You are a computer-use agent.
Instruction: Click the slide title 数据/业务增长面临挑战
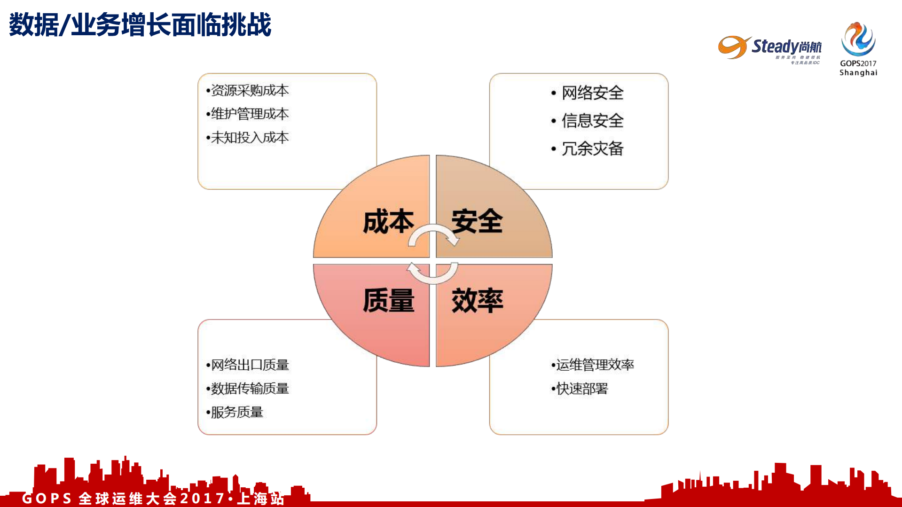(x=140, y=24)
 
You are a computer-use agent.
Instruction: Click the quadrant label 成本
(x=388, y=221)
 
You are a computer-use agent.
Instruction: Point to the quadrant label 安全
(x=477, y=221)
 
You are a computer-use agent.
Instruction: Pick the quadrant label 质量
(x=388, y=300)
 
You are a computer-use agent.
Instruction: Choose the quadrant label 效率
(x=477, y=300)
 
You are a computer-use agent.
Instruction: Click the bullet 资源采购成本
(x=249, y=90)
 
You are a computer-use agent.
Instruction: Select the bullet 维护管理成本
(x=249, y=114)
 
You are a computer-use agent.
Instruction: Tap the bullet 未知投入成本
(x=249, y=137)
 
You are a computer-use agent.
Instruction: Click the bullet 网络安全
(x=592, y=93)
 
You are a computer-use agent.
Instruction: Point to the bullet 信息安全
(x=592, y=121)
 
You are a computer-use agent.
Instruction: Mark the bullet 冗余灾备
(x=592, y=148)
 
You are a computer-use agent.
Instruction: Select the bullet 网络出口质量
(x=249, y=365)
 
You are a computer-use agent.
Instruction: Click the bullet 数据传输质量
(x=249, y=388)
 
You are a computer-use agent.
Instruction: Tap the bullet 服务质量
(x=236, y=412)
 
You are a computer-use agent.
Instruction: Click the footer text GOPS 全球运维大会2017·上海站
(x=153, y=498)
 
